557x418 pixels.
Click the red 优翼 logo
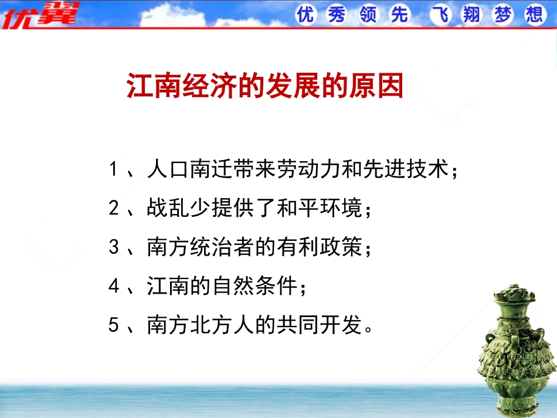(40, 15)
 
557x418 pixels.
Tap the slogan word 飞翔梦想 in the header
(487, 15)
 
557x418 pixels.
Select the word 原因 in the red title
(383, 86)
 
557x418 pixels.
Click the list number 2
(114, 209)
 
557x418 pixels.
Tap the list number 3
(114, 247)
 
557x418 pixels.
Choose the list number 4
(114, 286)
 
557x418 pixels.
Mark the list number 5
(114, 325)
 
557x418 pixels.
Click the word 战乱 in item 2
(169, 209)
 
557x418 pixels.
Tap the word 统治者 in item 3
(223, 247)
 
